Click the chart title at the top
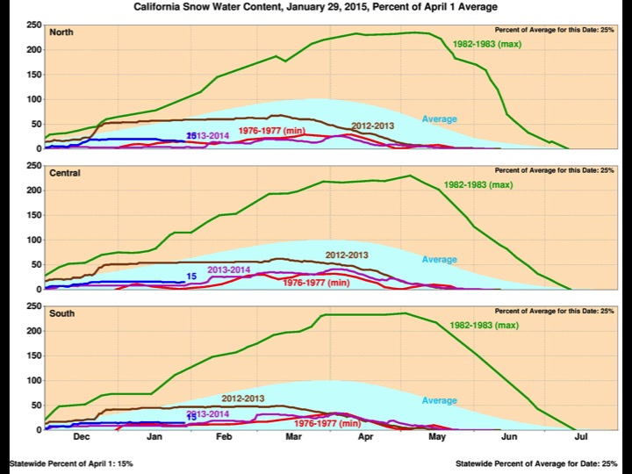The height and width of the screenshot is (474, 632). tap(316, 6)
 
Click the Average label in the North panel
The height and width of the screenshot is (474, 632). tap(440, 118)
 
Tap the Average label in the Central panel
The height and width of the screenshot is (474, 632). tap(440, 259)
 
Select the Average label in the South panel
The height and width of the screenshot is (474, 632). tap(440, 400)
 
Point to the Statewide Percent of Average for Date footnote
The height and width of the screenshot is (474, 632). tap(537, 463)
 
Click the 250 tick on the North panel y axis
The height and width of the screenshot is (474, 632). tap(32, 25)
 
